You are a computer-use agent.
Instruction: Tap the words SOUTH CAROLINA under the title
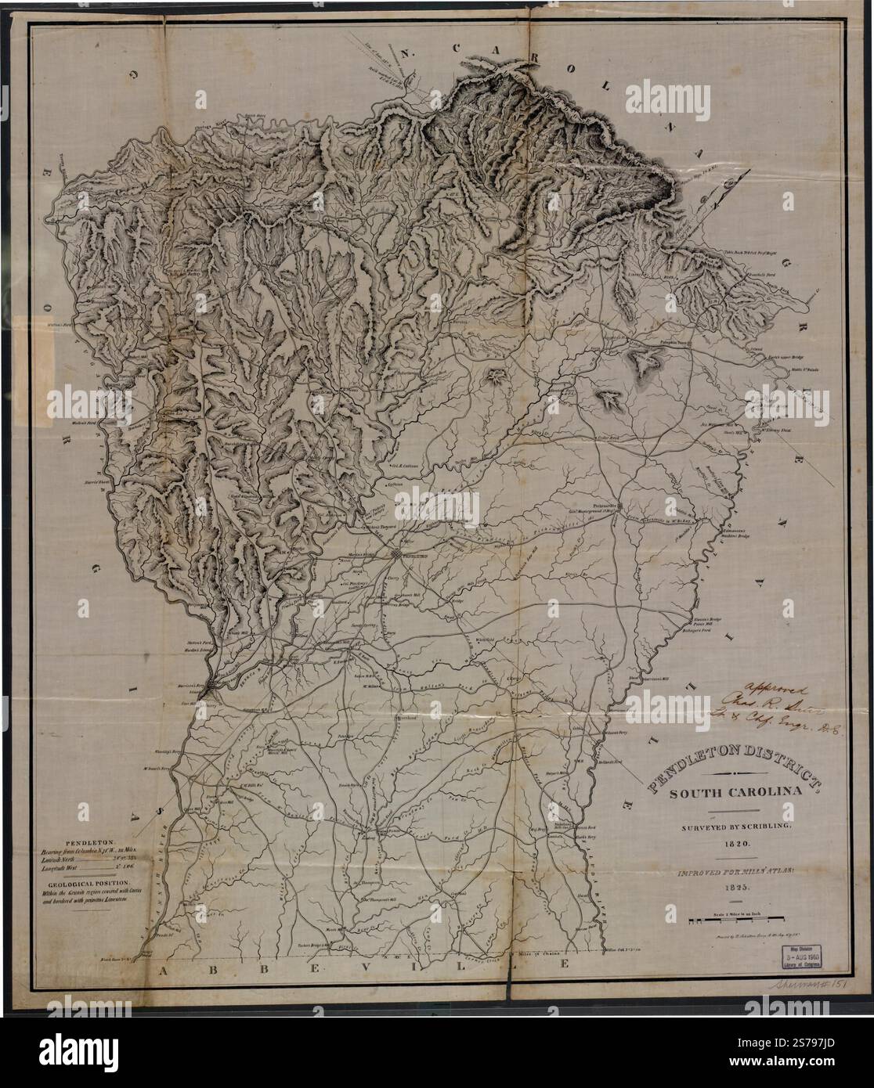(x=735, y=791)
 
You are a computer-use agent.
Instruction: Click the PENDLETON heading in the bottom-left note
(x=92, y=838)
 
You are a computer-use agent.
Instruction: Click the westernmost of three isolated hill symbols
(x=497, y=379)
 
